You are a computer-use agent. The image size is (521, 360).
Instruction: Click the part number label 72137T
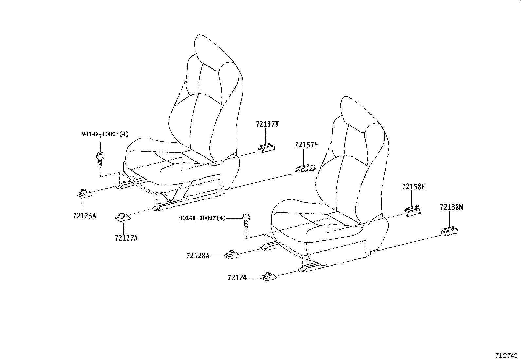(267, 124)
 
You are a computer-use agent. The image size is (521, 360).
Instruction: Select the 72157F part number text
(306, 145)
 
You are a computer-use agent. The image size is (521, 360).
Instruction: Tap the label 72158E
(414, 187)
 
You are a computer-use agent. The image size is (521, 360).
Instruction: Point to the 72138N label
(451, 207)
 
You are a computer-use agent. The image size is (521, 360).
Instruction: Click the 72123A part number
(84, 216)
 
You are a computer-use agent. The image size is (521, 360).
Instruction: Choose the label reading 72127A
(126, 238)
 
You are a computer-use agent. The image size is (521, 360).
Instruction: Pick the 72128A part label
(198, 256)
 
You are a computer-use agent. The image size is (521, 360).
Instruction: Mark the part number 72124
(237, 278)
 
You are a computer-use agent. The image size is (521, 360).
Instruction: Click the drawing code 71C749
(506, 355)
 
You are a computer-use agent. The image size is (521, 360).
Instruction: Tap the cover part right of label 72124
(269, 277)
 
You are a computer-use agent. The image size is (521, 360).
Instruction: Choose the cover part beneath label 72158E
(412, 210)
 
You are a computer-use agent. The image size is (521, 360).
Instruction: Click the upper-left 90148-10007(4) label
(105, 134)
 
